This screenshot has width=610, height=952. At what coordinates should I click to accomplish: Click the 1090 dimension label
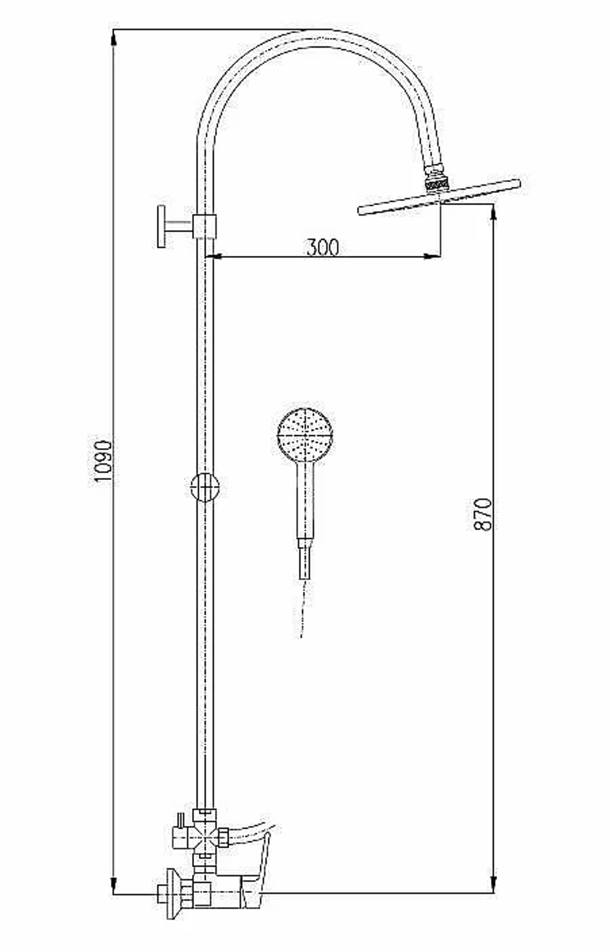pyautogui.click(x=103, y=461)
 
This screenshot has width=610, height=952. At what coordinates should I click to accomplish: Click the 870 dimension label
pyautogui.click(x=483, y=514)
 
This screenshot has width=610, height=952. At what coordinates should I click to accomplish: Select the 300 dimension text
pyautogui.click(x=323, y=247)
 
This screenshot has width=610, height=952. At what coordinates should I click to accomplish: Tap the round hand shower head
pyautogui.click(x=305, y=434)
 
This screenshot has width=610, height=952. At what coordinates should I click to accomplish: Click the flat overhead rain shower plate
pyautogui.click(x=439, y=197)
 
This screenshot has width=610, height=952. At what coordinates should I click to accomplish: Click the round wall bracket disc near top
pyautogui.click(x=161, y=226)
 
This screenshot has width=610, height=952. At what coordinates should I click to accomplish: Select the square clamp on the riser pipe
pyautogui.click(x=204, y=226)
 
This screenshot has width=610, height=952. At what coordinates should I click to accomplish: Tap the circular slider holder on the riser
pyautogui.click(x=204, y=487)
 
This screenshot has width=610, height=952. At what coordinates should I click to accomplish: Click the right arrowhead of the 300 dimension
pyautogui.click(x=432, y=256)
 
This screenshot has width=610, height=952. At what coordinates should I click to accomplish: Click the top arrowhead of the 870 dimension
pyautogui.click(x=493, y=213)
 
